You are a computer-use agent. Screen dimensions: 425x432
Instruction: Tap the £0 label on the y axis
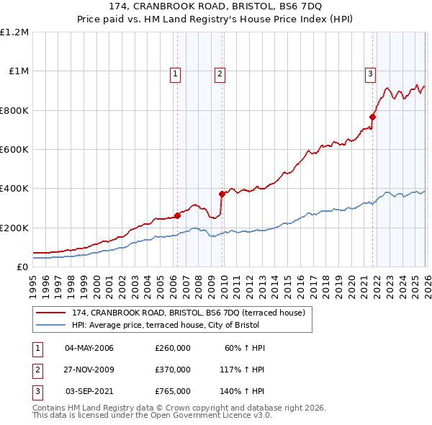[x=22, y=267]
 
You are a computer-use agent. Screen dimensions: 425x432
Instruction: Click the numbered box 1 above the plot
[x=176, y=73]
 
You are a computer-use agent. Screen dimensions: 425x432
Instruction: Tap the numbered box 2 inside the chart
[x=220, y=73]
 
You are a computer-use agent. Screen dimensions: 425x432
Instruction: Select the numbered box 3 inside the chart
[x=370, y=73]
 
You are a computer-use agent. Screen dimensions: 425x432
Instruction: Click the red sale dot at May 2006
[x=177, y=215]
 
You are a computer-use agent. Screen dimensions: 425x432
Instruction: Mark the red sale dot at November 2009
[x=222, y=194]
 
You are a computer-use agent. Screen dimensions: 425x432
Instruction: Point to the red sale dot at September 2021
[x=373, y=117]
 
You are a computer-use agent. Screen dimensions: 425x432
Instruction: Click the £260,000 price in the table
[x=173, y=348]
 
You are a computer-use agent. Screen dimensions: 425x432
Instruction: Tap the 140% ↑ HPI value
[x=243, y=391]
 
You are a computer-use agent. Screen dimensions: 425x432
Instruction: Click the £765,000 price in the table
[x=173, y=391]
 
